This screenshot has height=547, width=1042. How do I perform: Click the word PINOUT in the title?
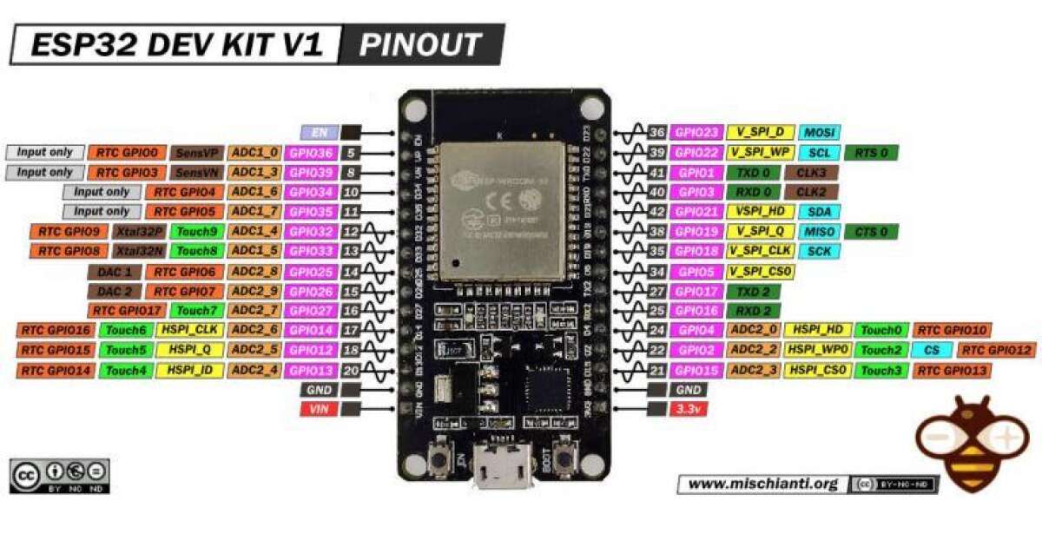tap(420, 45)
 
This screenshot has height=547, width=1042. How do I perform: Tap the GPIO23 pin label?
tap(698, 133)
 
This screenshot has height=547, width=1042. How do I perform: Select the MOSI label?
tap(818, 133)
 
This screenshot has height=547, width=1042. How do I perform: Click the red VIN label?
tap(318, 410)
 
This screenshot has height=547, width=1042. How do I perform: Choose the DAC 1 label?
tap(115, 272)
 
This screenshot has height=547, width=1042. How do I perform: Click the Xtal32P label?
tap(139, 232)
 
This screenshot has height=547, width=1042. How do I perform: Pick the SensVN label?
tap(197, 172)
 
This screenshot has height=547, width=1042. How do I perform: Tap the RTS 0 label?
tap(871, 153)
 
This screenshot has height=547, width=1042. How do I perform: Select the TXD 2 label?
tap(753, 292)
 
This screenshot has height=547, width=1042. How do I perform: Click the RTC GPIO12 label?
tap(996, 351)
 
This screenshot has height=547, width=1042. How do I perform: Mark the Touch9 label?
tap(196, 232)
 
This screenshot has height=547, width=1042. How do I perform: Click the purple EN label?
tap(319, 133)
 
